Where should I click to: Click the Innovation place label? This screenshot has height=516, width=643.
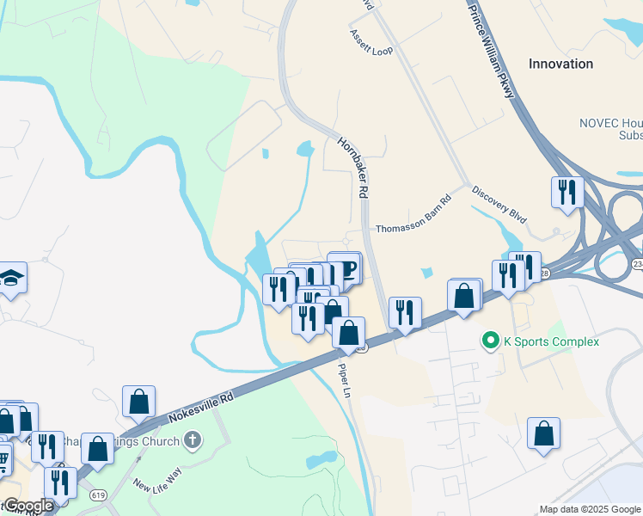click(560, 64)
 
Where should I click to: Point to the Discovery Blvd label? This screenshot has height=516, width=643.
click(499, 204)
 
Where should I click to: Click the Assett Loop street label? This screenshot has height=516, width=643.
click(370, 42)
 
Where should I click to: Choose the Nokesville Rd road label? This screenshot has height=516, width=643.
click(201, 408)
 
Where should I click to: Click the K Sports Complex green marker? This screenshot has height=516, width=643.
click(491, 341)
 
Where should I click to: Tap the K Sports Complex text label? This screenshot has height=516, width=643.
click(550, 341)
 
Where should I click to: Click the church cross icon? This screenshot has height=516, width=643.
click(193, 440)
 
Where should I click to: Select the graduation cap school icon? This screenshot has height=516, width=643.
click(12, 277)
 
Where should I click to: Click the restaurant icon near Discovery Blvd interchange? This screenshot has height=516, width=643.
click(566, 192)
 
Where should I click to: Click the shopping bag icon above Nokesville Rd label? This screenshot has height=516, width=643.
click(138, 401)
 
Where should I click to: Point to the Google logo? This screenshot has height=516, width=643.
click(28, 506)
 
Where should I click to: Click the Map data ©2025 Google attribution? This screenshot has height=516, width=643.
click(590, 509)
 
